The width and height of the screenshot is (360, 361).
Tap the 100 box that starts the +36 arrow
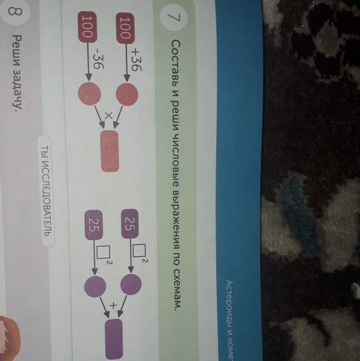point(126,28)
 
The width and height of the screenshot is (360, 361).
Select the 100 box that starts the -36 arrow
point(87,27)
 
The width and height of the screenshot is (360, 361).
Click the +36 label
point(136,60)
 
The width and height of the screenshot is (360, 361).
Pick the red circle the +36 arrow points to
point(127,95)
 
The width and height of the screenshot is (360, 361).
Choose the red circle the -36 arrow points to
point(89,94)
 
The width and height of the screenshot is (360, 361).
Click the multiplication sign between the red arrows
point(109,115)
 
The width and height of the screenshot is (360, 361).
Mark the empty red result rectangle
point(110,151)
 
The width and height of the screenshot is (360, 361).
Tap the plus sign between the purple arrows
point(113,306)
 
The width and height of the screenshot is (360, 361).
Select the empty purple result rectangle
point(113,339)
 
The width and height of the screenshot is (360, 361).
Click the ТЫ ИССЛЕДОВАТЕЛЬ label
point(47,191)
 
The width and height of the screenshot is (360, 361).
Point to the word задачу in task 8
point(17,91)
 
